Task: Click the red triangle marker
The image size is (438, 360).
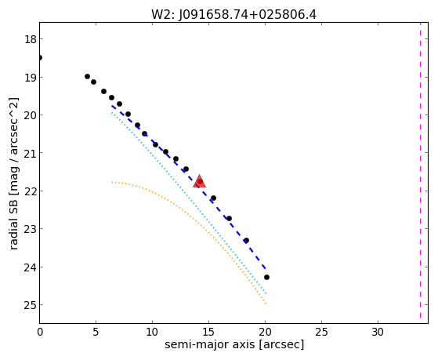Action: [200, 181]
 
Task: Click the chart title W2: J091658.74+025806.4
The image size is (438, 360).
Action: [233, 15]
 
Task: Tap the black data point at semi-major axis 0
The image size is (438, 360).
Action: [40, 57]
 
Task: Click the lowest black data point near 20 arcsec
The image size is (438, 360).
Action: [266, 277]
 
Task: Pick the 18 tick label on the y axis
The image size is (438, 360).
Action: [31, 39]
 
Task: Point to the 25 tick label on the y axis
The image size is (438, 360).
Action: [31, 305]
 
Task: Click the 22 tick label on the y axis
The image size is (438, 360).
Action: [31, 191]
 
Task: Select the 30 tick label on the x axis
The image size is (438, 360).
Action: [378, 332]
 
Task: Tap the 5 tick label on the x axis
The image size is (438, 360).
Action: [96, 332]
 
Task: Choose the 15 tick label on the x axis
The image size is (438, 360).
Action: [208, 332]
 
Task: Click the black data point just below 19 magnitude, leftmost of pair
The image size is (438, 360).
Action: [87, 76]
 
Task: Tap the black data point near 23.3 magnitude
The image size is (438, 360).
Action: [246, 240]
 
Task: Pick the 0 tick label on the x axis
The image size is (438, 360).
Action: [40, 332]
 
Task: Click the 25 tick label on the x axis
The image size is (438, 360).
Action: [321, 332]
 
